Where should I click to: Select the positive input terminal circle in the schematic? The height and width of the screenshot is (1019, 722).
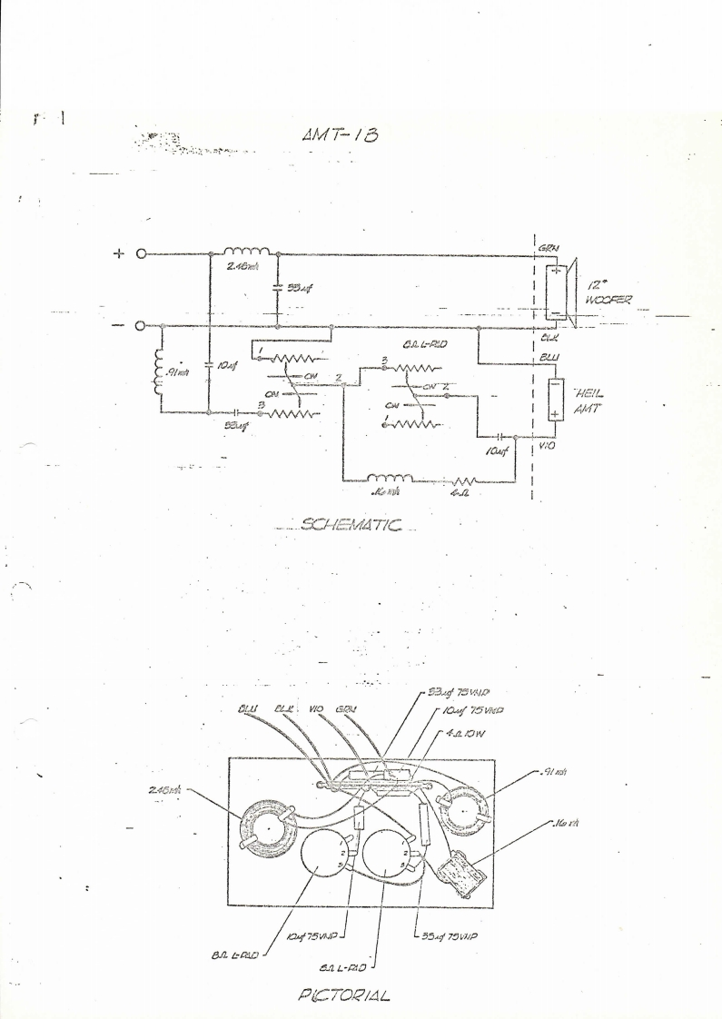[x=141, y=254]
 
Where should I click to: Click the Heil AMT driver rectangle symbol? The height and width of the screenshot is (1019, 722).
[x=554, y=400]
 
